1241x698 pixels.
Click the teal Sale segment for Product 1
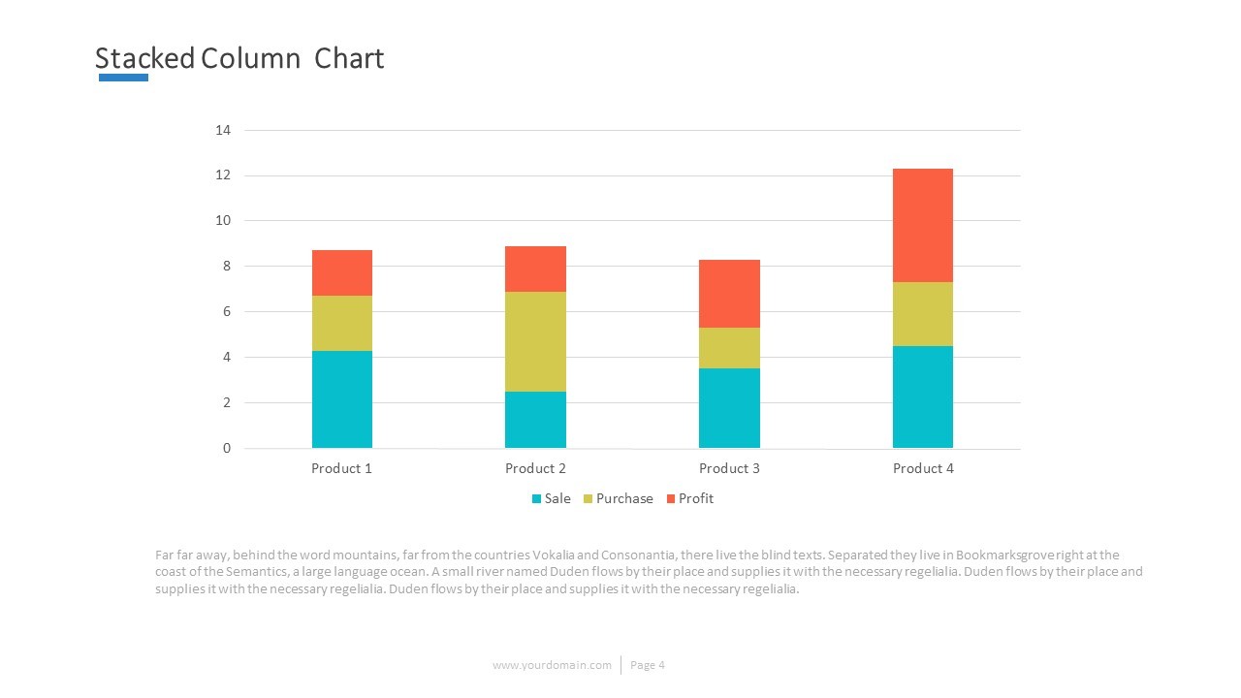(341, 399)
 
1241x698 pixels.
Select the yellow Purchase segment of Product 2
(535, 341)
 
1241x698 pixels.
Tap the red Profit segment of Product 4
(922, 225)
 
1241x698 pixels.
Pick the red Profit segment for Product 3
(729, 294)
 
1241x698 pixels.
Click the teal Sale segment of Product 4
(922, 397)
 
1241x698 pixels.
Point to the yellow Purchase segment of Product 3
(729, 348)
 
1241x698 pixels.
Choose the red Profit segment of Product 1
(341, 272)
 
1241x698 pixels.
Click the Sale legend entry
(551, 498)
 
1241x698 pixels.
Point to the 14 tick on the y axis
(223, 130)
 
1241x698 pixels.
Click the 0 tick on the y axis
(227, 448)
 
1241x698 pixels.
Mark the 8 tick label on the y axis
(227, 267)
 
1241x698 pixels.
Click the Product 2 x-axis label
(535, 468)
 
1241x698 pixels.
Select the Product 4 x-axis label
(923, 468)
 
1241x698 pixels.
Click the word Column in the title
(251, 58)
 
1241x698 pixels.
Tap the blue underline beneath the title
(123, 78)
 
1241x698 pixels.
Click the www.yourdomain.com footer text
(552, 665)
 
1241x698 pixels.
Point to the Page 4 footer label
(648, 665)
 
